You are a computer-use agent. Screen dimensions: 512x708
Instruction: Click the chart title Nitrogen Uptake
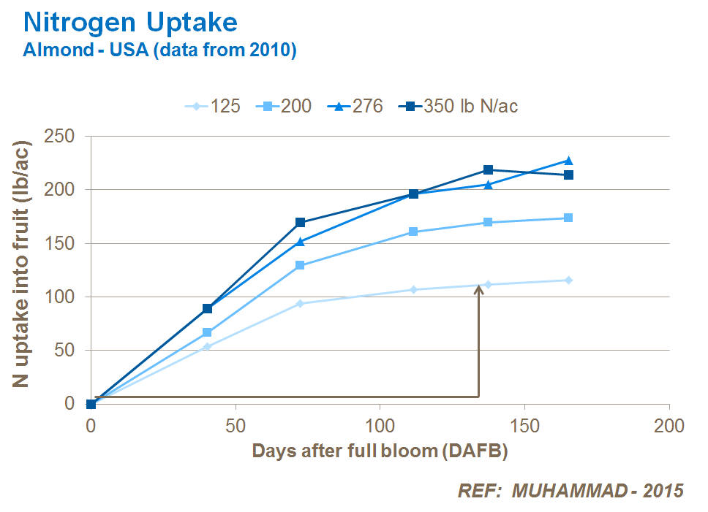(x=130, y=22)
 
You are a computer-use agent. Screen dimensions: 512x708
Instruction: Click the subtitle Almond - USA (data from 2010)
(x=159, y=50)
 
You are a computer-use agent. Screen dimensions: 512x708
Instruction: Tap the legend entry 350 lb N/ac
(x=460, y=106)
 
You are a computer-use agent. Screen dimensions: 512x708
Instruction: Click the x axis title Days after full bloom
(x=380, y=451)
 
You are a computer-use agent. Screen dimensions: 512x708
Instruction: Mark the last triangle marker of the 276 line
(x=568, y=161)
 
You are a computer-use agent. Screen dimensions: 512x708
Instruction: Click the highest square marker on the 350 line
(x=488, y=170)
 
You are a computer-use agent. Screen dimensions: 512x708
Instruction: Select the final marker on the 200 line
(x=568, y=218)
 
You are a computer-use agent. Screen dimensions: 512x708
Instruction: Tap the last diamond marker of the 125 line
(x=568, y=280)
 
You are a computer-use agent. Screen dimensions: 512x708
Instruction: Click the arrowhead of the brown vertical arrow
(x=479, y=289)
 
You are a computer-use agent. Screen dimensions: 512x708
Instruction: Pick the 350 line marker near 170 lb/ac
(x=301, y=222)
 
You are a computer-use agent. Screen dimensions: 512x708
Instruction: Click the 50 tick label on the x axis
(x=236, y=425)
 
